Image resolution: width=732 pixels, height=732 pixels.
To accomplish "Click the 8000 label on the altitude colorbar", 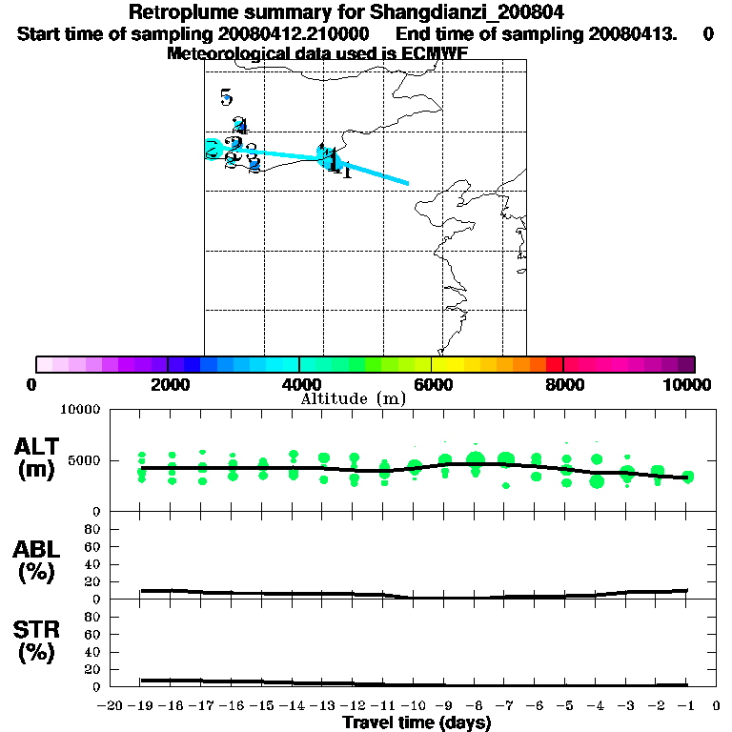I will (x=563, y=384).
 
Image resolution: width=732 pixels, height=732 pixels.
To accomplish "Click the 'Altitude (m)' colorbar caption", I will (x=353, y=398).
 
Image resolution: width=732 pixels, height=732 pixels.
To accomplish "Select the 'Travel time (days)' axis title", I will (x=417, y=722).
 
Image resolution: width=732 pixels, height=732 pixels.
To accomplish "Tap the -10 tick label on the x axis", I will (x=413, y=705).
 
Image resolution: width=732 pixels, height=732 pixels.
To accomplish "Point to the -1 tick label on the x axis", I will (x=686, y=705).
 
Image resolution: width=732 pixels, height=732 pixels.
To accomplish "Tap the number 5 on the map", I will (x=226, y=97).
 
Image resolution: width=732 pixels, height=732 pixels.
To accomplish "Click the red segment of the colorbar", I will (x=554, y=364).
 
